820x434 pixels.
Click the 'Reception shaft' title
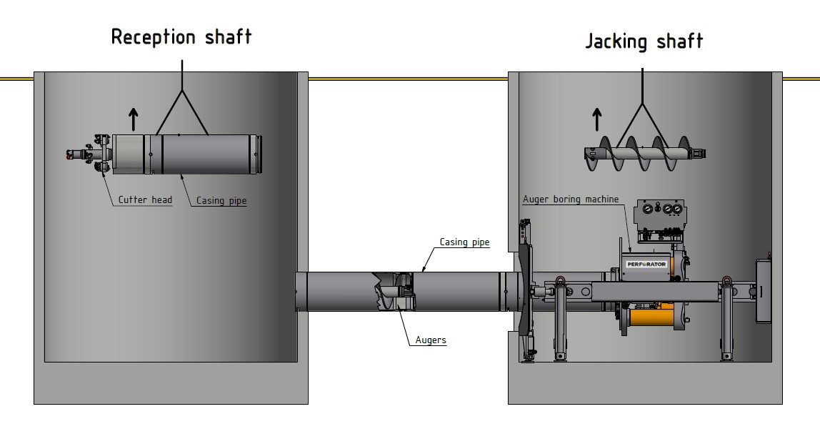181,37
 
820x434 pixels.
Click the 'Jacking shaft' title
644,41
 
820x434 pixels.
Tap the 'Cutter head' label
145,200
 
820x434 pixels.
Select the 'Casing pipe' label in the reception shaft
221,202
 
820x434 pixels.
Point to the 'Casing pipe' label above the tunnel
464,242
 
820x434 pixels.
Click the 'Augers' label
431,340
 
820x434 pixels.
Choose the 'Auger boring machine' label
571,199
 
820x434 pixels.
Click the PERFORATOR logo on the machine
646,265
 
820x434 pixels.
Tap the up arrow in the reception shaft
132,117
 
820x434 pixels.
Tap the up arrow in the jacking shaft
597,119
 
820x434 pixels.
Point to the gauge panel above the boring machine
659,212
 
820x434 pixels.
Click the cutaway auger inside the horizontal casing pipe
389,292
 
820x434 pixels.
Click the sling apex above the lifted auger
643,104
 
